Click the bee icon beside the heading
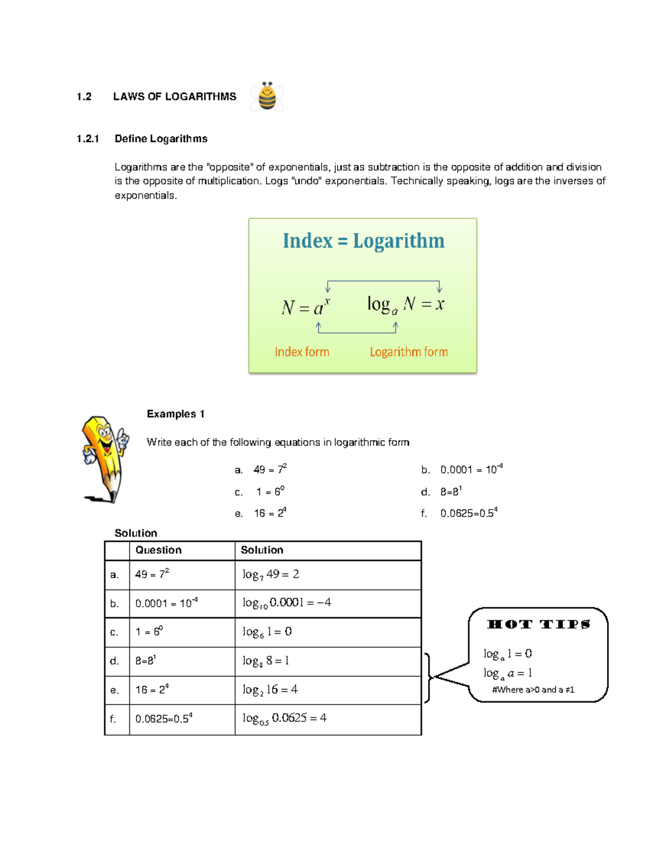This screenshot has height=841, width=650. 267,97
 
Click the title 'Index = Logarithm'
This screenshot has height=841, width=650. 363,241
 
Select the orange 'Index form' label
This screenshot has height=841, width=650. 302,352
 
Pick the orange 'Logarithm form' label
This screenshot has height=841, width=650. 408,352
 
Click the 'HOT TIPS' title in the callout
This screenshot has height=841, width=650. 538,624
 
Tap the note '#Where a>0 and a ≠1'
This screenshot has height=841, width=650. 533,690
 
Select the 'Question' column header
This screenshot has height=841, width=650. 158,550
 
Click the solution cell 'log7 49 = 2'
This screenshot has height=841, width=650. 271,575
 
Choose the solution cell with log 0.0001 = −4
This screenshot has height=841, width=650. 287,603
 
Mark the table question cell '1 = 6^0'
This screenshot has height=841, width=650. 149,632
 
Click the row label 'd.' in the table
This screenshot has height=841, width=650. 114,661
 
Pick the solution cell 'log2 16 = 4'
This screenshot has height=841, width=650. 270,689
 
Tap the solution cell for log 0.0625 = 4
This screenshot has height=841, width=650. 284,719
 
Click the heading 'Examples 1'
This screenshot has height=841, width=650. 175,414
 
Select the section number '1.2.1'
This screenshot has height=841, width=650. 88,139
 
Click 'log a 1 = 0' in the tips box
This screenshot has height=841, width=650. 508,654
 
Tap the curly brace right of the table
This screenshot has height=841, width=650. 428,677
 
